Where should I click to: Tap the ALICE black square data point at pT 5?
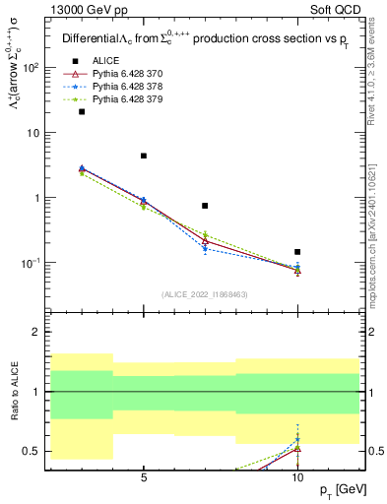point(144,156)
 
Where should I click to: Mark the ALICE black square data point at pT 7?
point(205,206)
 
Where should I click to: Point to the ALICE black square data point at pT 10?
point(297,252)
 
